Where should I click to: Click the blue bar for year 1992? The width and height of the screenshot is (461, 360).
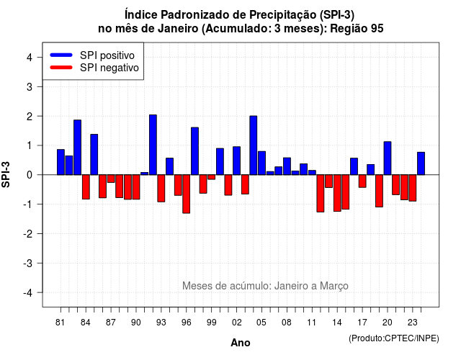pos(153,145)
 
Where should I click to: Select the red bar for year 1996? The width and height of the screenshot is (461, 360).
pos(187,194)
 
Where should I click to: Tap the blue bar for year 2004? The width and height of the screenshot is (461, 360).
pos(254,145)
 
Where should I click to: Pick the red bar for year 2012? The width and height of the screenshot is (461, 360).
pos(321,194)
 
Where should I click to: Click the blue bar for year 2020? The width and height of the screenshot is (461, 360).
pos(388,158)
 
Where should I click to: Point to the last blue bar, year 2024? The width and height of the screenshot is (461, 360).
pos(421,163)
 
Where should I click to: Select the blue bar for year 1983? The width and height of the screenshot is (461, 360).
pos(77,147)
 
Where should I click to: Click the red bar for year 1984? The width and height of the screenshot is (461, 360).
pos(86,187)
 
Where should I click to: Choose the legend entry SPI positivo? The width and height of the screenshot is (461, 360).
pos(107,55)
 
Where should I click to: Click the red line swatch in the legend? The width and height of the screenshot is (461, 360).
pos(61,67)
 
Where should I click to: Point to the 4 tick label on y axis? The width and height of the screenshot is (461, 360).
pos(30,58)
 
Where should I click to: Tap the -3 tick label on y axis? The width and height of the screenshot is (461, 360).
pos(28,263)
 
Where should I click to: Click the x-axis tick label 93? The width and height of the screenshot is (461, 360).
pos(161,323)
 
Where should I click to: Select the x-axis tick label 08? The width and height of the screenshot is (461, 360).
pos(287,323)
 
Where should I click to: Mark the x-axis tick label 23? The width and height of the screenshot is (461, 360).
pos(412,323)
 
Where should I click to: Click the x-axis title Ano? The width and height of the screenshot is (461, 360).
pos(240,343)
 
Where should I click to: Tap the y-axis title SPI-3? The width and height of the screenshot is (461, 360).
pos(6,174)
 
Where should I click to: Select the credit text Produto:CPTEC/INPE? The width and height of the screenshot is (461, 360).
pos(394,338)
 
